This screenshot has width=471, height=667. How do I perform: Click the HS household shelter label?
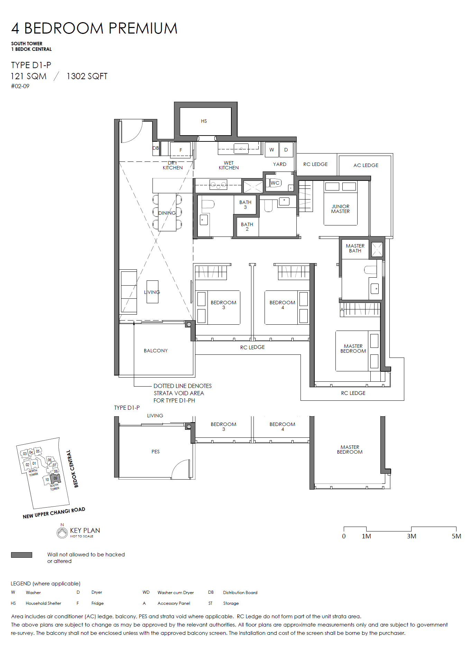pyautogui.click(x=204, y=121)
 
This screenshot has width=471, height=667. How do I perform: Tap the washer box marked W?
pyautogui.click(x=271, y=150)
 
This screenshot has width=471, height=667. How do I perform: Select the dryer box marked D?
pyautogui.click(x=286, y=150)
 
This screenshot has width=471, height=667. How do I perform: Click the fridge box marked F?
pyautogui.click(x=181, y=150)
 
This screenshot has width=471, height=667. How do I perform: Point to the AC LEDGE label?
pyautogui.click(x=366, y=165)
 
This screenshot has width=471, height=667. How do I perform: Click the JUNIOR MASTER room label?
pyautogui.click(x=341, y=209)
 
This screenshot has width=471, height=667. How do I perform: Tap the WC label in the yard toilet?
pyautogui.click(x=275, y=183)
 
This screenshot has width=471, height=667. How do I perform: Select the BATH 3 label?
pyautogui.click(x=245, y=205)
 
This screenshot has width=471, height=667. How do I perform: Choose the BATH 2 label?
pyautogui.click(x=247, y=227)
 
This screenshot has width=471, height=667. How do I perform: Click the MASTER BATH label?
pyautogui.click(x=355, y=248)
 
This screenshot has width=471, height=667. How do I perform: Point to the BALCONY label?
pyautogui.click(x=156, y=351)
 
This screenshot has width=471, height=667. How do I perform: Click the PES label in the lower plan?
pyautogui.click(x=156, y=452)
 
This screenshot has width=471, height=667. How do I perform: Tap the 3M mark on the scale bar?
pyautogui.click(x=412, y=536)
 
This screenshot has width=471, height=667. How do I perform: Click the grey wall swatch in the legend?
pyautogui.click(x=21, y=555)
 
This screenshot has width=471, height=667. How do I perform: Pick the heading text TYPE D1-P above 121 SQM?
pyautogui.click(x=31, y=65)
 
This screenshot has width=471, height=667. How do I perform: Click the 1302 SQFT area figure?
pyautogui.click(x=87, y=76)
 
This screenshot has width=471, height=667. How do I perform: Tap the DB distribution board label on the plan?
pyautogui.click(x=156, y=148)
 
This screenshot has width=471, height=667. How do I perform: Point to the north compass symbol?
pyautogui.click(x=62, y=532)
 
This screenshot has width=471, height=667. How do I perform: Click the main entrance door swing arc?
pyautogui.click(x=137, y=137)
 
